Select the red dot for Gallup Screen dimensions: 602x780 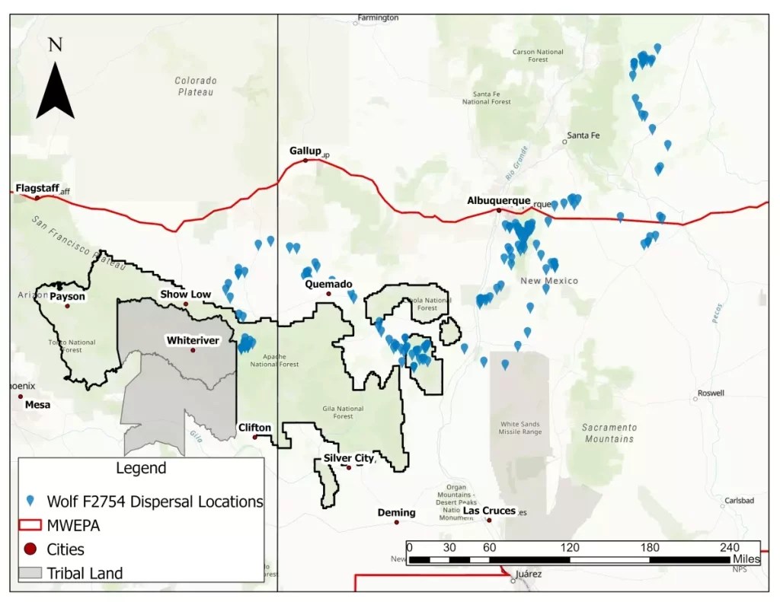tap(305, 161)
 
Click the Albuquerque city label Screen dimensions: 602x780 tap(498, 200)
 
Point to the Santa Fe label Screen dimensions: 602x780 tap(583, 135)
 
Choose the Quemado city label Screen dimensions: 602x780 tap(328, 284)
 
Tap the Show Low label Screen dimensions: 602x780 tap(185, 294)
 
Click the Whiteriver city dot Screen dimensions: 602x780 tap(193, 350)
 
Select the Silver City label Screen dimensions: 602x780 tap(349, 458)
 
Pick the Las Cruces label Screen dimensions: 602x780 tap(489, 511)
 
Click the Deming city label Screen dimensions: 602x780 tap(396, 513)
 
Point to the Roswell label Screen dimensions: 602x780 tap(709, 393)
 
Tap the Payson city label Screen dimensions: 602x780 tap(67, 297)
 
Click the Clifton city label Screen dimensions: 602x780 tap(254, 428)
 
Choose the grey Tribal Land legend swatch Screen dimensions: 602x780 tap(30, 573)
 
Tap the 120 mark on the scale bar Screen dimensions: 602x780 tap(570, 547)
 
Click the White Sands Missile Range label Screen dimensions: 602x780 tap(521, 428)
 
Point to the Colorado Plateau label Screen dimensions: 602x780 tap(196, 86)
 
